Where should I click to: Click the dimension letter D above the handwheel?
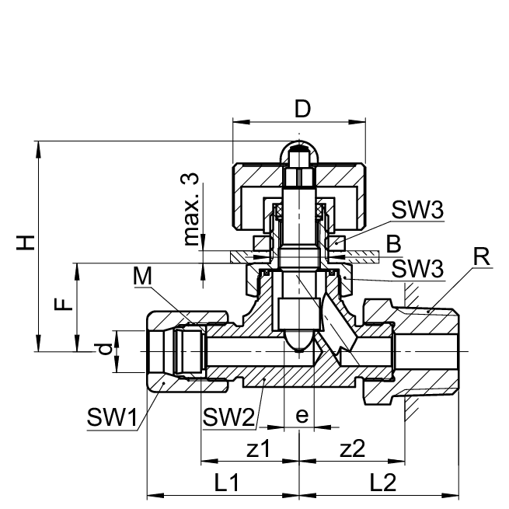click(302, 109)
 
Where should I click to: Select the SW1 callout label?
click(111, 418)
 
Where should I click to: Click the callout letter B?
click(394, 243)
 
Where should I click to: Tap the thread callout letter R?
click(483, 258)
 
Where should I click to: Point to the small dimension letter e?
click(302, 416)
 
